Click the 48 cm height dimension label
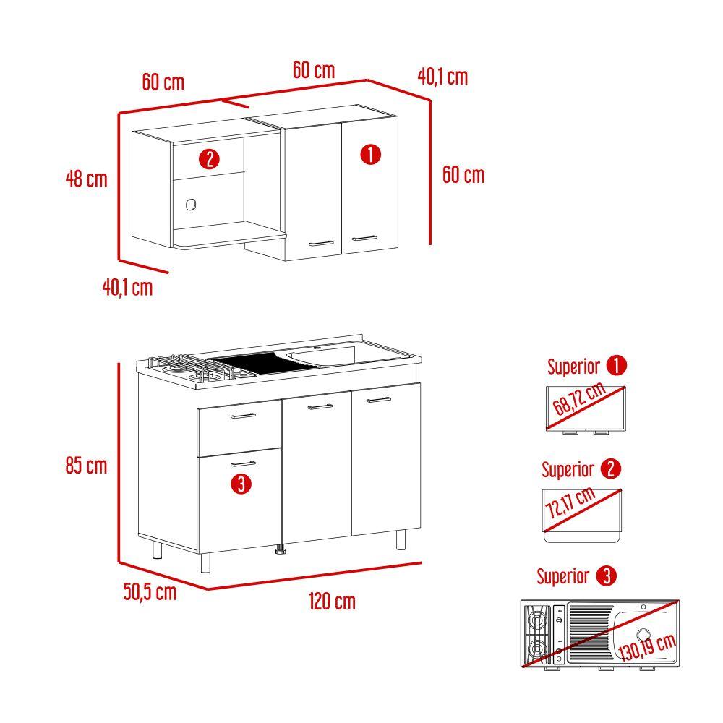tap(86, 179)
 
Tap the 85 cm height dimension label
tap(86, 466)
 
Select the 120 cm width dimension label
tap(332, 602)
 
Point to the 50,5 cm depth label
tap(150, 591)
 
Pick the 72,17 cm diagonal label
tap(570, 502)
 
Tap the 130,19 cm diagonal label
tap(646, 647)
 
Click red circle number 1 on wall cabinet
tap(370, 155)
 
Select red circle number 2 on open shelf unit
tap(210, 160)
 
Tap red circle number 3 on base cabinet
tap(241, 484)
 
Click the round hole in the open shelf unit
tap(191, 205)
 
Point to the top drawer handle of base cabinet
tap(243, 416)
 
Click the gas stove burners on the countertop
tap(194, 367)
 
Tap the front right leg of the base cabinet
tap(401, 539)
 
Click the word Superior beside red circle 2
tap(568, 470)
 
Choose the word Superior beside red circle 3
tap(563, 576)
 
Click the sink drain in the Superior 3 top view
tap(643, 635)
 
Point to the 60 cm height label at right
tap(463, 175)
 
